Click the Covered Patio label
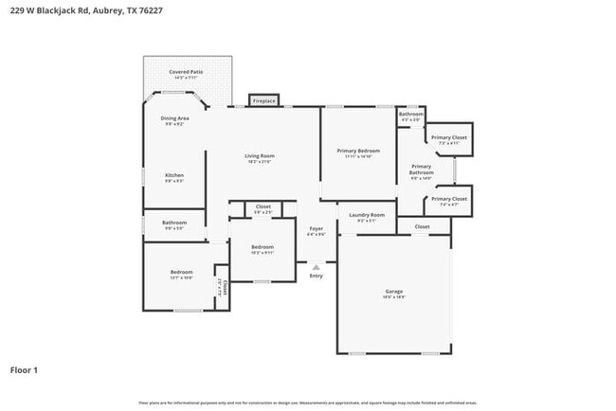click(x=186, y=72)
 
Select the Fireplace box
click(x=263, y=100)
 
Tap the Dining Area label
click(x=174, y=118)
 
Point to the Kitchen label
click(x=174, y=175)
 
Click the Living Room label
click(x=259, y=156)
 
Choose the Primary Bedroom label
click(x=358, y=151)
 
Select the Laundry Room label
click(x=366, y=216)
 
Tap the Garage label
click(x=394, y=291)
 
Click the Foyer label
click(x=316, y=228)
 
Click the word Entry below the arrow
click(x=316, y=276)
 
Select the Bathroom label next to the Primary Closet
click(x=410, y=115)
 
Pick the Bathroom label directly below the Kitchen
click(x=174, y=223)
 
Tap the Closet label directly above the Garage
click(x=422, y=227)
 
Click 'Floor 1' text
click(x=23, y=369)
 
